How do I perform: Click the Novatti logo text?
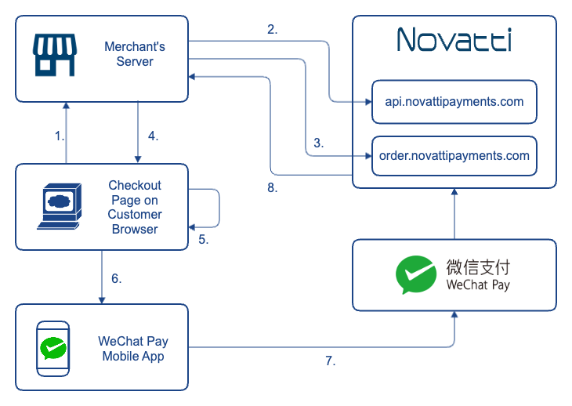[x=454, y=39]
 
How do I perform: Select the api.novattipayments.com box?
[x=454, y=101]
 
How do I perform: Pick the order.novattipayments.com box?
[x=454, y=155]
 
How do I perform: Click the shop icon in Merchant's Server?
[x=53, y=54]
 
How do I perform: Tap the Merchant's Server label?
[x=135, y=54]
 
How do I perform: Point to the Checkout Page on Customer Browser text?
[x=135, y=207]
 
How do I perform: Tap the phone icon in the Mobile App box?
[x=53, y=347]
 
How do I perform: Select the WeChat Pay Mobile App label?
[x=133, y=348]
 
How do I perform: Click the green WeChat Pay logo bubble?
[x=415, y=274]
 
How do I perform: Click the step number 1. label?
[x=59, y=136]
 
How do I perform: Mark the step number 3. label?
[x=318, y=143]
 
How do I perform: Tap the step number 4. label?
[x=153, y=136]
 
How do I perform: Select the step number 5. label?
[x=203, y=240]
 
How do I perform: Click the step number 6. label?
[x=116, y=277]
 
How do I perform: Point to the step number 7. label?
[x=331, y=361]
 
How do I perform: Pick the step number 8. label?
[x=272, y=188]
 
